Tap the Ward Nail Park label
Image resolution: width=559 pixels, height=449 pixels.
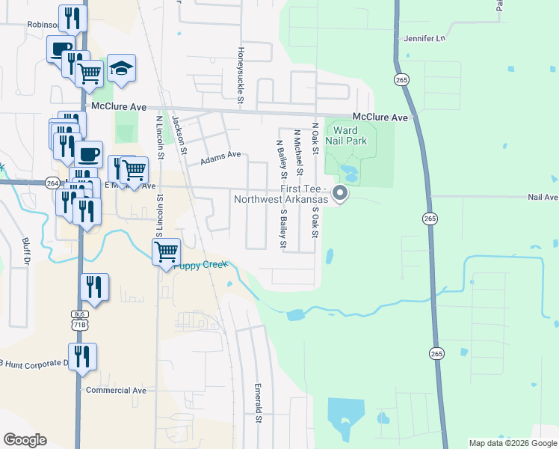(x=345, y=135)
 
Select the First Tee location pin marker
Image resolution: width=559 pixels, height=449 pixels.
(x=341, y=194)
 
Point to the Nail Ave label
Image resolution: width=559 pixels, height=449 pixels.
(x=543, y=198)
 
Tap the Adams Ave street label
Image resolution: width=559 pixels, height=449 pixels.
(x=220, y=158)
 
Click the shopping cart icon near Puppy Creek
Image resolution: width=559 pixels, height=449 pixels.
(x=165, y=251)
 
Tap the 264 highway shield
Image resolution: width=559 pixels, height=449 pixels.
(x=52, y=183)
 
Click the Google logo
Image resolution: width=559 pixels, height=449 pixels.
(x=25, y=440)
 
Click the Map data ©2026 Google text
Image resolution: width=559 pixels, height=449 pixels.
(x=513, y=443)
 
